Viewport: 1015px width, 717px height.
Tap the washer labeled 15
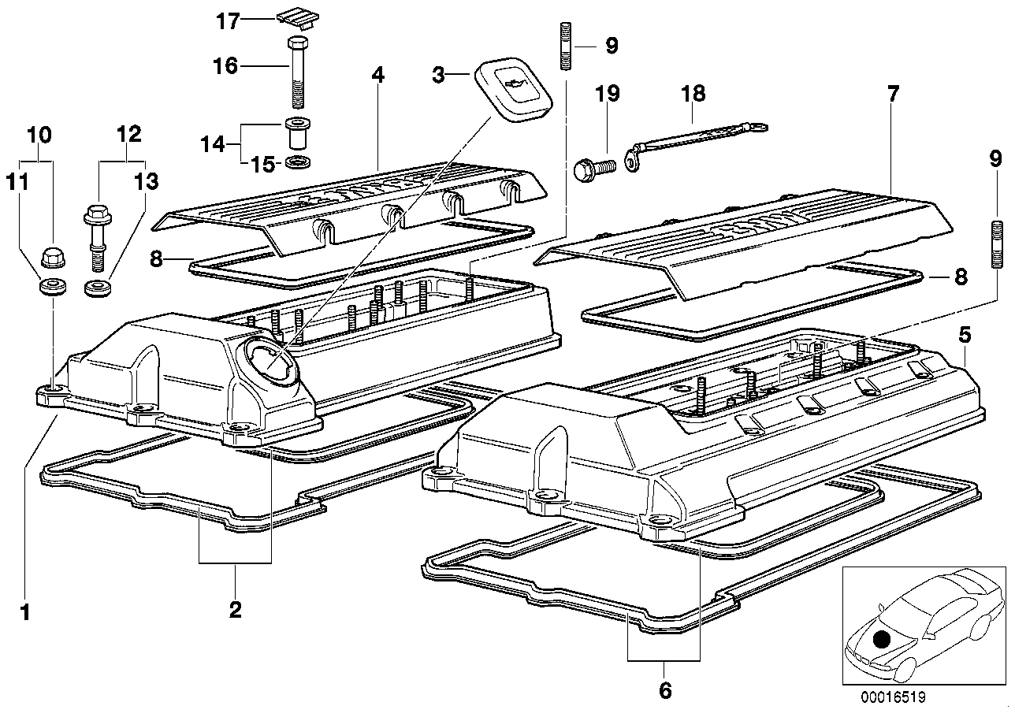pyautogui.click(x=296, y=162)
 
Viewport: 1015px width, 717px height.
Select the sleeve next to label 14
pyautogui.click(x=296, y=136)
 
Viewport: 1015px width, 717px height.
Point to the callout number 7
pyautogui.click(x=892, y=95)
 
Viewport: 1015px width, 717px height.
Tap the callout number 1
pyautogui.click(x=25, y=611)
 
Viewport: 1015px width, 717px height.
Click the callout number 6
pyautogui.click(x=664, y=689)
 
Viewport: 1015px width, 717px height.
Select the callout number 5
pyautogui.click(x=965, y=335)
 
